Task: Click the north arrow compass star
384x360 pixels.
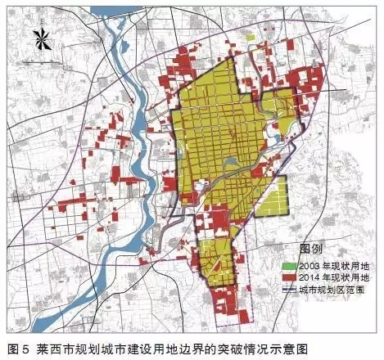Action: (x=38, y=38)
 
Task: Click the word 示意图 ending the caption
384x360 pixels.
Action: (x=290, y=348)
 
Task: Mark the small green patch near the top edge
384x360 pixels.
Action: (x=249, y=37)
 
